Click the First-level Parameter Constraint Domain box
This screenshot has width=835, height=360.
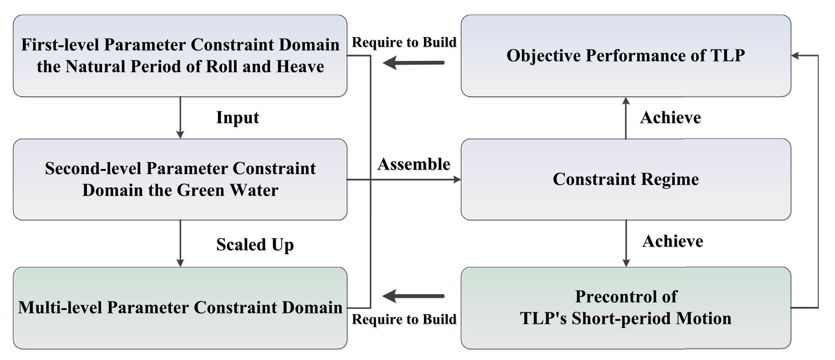[180, 56]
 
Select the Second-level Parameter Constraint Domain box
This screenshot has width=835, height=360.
[180, 180]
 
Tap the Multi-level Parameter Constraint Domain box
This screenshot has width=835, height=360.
[180, 308]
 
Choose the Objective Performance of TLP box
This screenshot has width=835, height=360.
[626, 56]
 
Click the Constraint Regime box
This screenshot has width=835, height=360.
[626, 180]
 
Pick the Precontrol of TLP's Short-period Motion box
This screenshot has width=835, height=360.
[626, 308]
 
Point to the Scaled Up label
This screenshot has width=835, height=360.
[255, 245]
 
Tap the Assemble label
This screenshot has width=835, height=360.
[414, 164]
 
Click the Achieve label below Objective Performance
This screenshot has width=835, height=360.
[671, 118]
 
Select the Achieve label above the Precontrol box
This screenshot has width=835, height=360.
[672, 241]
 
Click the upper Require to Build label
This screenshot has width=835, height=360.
[404, 42]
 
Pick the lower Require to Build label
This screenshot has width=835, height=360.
[404, 319]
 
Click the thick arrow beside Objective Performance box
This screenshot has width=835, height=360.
[413, 62]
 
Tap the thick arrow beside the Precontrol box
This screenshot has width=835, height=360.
[413, 296]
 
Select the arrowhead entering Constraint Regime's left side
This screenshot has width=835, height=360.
[457, 180]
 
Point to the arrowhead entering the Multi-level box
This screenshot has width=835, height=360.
[180, 263]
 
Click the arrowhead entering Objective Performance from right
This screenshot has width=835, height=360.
[796, 56]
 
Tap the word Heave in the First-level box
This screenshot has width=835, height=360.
[300, 67]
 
